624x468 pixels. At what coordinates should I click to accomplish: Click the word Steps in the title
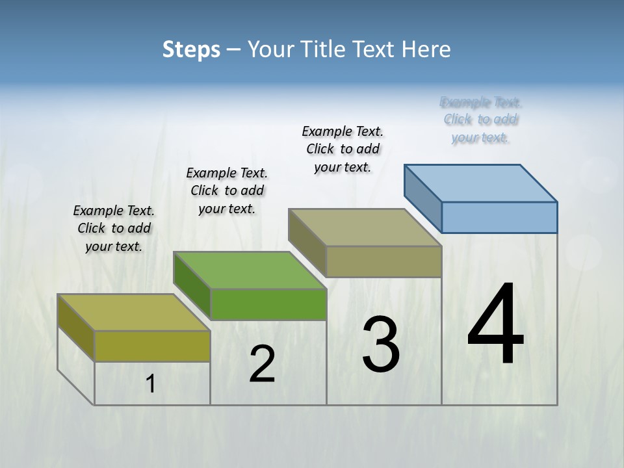pyautogui.click(x=191, y=49)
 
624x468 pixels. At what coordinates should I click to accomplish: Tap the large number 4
pyautogui.click(x=495, y=325)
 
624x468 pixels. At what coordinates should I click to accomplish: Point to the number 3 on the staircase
pyautogui.click(x=381, y=344)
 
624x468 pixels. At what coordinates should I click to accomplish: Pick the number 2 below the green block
pyautogui.click(x=262, y=365)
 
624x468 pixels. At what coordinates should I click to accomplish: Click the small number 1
pyautogui.click(x=150, y=384)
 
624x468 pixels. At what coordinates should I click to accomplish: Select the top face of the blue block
pyautogui.click(x=481, y=183)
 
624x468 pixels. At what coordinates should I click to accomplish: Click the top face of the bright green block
pyautogui.click(x=250, y=270)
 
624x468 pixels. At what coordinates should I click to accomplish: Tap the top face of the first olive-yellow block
pyautogui.click(x=134, y=313)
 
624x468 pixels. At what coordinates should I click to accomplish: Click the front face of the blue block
pyautogui.click(x=499, y=217)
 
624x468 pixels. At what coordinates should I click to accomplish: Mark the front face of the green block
pyautogui.click(x=268, y=304)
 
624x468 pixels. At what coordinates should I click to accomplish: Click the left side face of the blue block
pyautogui.click(x=423, y=194)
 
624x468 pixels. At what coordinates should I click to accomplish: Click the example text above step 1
pyautogui.click(x=114, y=228)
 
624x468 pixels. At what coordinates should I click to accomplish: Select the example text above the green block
pyautogui.click(x=227, y=190)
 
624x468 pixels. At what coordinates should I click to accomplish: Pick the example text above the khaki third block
pyautogui.click(x=343, y=149)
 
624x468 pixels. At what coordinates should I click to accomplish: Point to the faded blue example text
pyautogui.click(x=481, y=120)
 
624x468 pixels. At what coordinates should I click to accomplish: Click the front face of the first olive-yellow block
pyautogui.click(x=152, y=346)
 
